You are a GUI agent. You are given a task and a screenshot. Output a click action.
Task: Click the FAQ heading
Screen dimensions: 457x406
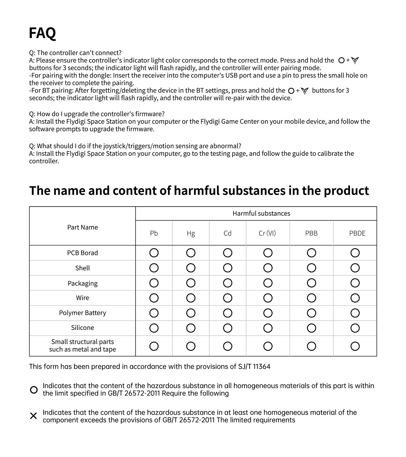tap(42, 33)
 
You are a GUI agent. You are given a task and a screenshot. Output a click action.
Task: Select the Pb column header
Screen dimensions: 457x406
tap(154, 233)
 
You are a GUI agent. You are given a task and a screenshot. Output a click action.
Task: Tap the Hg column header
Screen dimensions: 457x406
tap(191, 233)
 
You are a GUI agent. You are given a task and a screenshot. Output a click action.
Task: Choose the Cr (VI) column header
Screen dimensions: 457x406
tap(267, 233)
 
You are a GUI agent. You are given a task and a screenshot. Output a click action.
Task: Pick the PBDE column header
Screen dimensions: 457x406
tap(357, 233)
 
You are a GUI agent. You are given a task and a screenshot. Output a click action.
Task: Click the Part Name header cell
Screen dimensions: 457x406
tap(82, 227)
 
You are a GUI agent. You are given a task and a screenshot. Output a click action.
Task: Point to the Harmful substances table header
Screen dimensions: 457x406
tap(261, 214)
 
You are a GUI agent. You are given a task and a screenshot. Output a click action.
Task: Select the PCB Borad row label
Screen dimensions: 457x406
tap(82, 253)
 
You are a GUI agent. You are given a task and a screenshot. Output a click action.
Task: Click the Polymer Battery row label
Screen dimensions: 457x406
tap(82, 313)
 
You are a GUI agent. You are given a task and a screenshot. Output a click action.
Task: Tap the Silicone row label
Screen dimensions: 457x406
tap(82, 328)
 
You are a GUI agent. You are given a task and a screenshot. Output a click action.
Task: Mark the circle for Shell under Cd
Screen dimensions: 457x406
tap(228, 268)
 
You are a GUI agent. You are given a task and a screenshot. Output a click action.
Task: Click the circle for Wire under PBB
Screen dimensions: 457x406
tap(311, 298)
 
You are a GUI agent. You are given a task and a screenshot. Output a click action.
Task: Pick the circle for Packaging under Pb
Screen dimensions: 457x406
tap(154, 283)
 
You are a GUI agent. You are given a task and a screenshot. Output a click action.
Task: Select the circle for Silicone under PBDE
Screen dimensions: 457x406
tap(355, 328)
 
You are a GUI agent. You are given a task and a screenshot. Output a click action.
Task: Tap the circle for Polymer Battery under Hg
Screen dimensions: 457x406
tap(191, 313)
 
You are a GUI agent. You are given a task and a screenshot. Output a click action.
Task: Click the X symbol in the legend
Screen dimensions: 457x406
tap(34, 416)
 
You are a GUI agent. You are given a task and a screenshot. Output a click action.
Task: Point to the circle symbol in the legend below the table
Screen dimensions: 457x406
tap(34, 390)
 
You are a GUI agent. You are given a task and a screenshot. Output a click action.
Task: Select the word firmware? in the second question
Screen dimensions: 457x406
tap(151, 114)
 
